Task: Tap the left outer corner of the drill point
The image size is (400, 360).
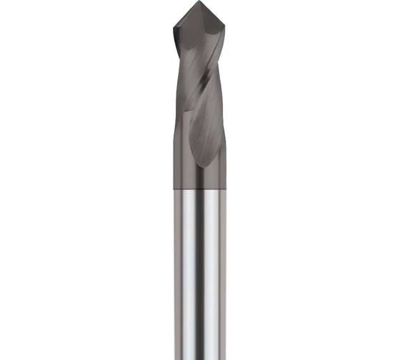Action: coord(174,26)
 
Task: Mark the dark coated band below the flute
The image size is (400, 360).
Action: coord(199,179)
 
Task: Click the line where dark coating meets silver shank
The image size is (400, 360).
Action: coord(199,189)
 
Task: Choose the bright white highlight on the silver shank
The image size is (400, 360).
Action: coord(188,271)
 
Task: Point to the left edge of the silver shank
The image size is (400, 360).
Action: coord(174,271)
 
